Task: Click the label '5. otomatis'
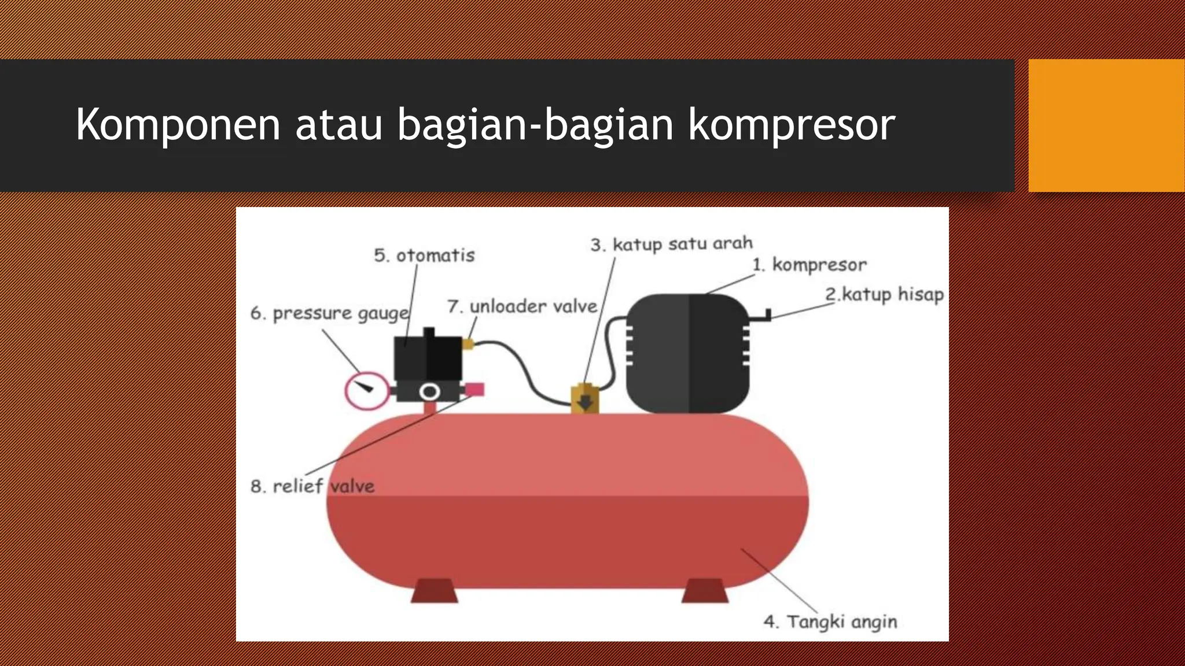click(x=424, y=256)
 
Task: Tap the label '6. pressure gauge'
click(x=329, y=313)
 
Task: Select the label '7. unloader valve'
click(x=522, y=306)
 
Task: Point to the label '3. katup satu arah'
click(x=671, y=244)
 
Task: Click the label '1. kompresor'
click(x=809, y=265)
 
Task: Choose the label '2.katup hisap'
click(x=884, y=294)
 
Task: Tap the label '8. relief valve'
click(x=312, y=486)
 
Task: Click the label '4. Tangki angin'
click(x=830, y=622)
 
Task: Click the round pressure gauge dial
click(x=366, y=391)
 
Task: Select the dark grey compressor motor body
click(x=687, y=353)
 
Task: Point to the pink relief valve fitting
click(x=474, y=390)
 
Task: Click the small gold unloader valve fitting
click(x=468, y=345)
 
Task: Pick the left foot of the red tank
click(x=434, y=591)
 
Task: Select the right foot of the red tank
click(x=704, y=591)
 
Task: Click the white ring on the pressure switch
click(x=429, y=392)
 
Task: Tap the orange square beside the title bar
click(x=1106, y=125)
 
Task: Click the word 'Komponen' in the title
click(x=178, y=125)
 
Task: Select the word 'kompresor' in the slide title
click(x=792, y=125)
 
